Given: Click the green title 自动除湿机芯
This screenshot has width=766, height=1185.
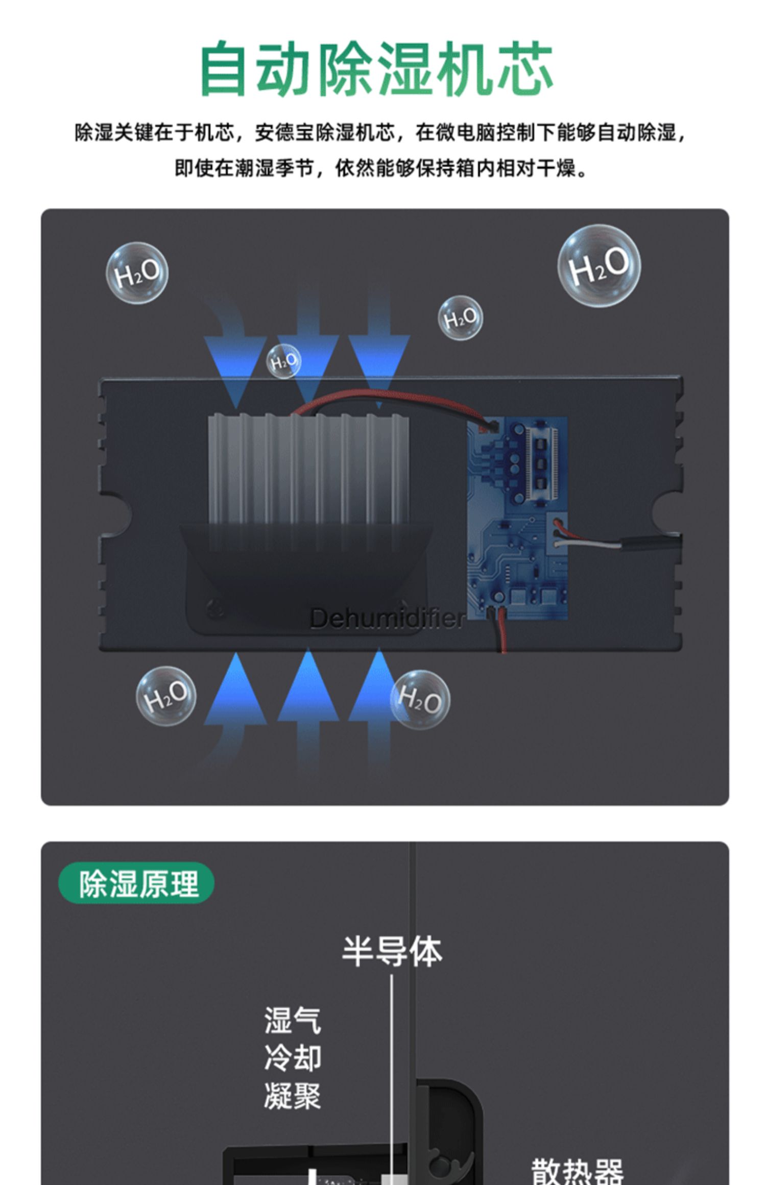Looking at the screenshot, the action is point(377,68).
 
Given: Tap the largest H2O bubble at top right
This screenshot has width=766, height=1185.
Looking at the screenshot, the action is point(599,266).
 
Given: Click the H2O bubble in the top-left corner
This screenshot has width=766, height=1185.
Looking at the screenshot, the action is point(137,274).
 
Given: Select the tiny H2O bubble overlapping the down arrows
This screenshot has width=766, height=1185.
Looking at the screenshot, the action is point(284,361).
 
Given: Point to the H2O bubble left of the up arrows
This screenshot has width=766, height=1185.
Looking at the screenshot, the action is point(165,696).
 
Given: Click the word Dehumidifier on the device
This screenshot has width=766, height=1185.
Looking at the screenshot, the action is point(387,619).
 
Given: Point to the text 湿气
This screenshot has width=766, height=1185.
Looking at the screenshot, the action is point(293,1021).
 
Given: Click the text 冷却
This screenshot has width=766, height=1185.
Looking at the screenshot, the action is point(293,1058).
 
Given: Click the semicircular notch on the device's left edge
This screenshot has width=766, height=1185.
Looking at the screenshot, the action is point(118,514).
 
